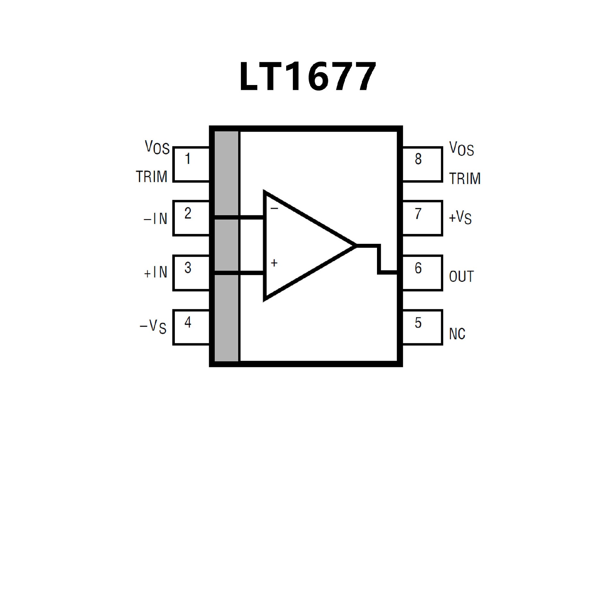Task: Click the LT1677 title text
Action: (x=307, y=76)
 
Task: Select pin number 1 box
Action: (x=191, y=165)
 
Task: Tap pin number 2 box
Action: (x=191, y=218)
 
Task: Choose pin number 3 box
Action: (x=191, y=273)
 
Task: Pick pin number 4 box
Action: (x=191, y=327)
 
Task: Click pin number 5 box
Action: (x=422, y=328)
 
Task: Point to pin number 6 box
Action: (x=422, y=273)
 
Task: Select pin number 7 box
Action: (x=422, y=218)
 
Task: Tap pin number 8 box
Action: (x=422, y=165)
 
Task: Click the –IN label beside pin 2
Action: (x=156, y=219)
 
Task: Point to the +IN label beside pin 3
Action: (x=156, y=273)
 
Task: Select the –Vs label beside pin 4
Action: (x=153, y=327)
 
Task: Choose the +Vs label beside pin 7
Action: (x=460, y=218)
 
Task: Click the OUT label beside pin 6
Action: (x=461, y=277)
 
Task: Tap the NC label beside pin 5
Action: (x=457, y=334)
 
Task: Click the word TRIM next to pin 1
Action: (x=152, y=177)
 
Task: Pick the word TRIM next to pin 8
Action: (x=465, y=179)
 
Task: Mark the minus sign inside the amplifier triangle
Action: (x=274, y=209)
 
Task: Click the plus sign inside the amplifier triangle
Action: (x=274, y=263)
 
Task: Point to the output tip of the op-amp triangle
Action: (x=355, y=246)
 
